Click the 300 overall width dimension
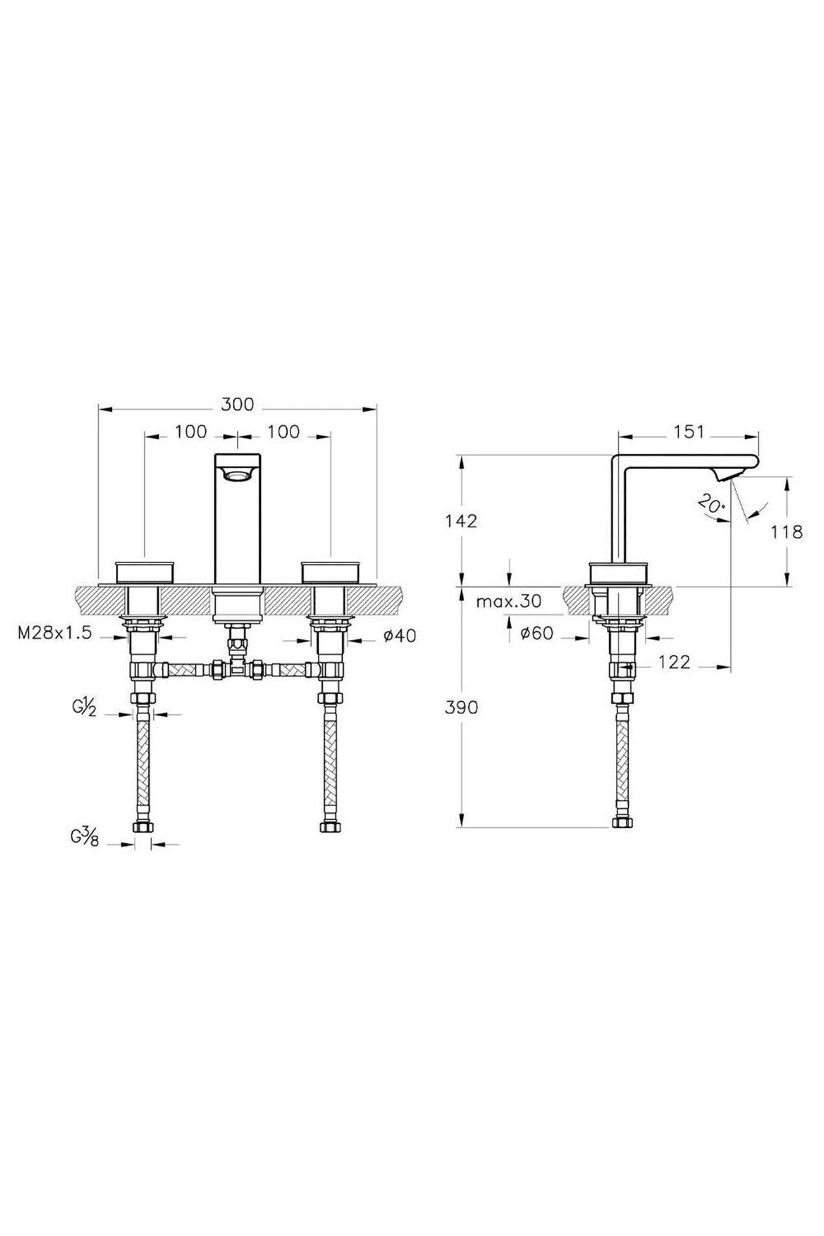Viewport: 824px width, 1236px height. (x=237, y=404)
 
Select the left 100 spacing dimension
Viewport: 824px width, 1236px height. (x=190, y=431)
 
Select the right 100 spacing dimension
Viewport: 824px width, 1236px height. (x=284, y=431)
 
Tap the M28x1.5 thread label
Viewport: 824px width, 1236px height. (x=55, y=634)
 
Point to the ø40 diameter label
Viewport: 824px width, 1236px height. (x=399, y=636)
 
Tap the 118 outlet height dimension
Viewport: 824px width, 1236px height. (x=787, y=531)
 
